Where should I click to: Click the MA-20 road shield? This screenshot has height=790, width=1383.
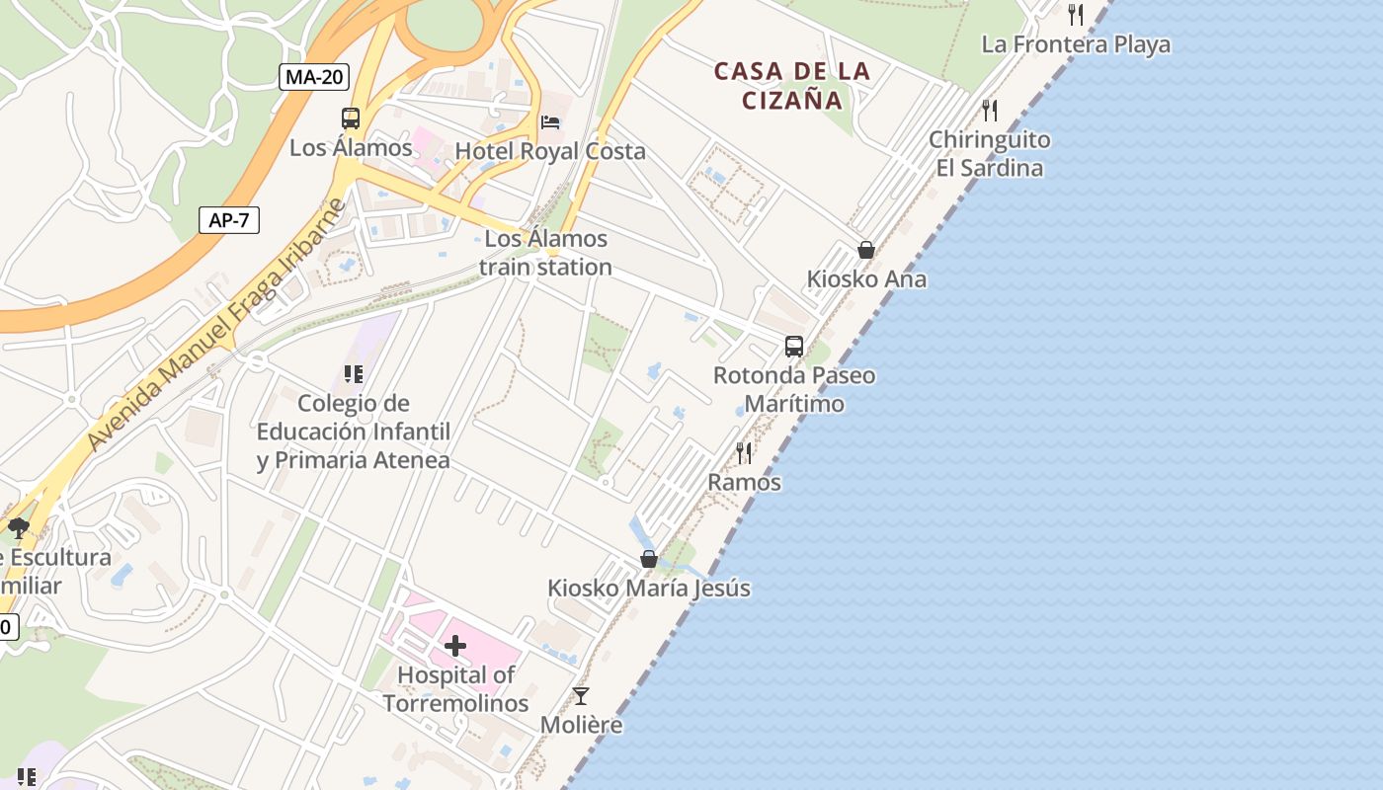click(x=314, y=77)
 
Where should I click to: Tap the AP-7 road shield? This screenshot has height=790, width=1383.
click(x=228, y=220)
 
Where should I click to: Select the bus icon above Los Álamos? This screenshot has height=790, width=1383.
click(x=351, y=118)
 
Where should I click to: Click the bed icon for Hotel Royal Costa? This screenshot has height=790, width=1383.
click(x=550, y=121)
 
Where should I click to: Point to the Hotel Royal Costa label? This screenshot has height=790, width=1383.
click(x=550, y=151)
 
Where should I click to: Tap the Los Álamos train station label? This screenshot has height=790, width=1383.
click(x=545, y=253)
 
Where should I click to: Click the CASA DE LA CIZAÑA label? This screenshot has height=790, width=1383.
click(x=792, y=85)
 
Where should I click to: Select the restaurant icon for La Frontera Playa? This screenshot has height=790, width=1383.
click(x=1076, y=15)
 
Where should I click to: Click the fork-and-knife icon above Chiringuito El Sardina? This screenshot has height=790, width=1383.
click(x=990, y=110)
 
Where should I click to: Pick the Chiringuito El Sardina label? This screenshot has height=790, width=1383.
click(x=990, y=154)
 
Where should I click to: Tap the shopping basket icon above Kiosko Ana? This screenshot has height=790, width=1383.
click(x=866, y=250)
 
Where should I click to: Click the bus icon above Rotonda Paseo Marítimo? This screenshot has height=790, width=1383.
click(x=794, y=346)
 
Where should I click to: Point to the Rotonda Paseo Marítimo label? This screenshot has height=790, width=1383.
click(x=794, y=389)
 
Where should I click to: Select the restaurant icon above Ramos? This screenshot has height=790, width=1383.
click(x=744, y=453)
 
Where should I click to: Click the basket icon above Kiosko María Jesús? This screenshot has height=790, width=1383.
click(x=649, y=559)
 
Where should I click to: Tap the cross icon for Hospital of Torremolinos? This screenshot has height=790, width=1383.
click(x=455, y=647)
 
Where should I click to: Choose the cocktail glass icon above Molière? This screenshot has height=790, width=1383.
click(x=581, y=696)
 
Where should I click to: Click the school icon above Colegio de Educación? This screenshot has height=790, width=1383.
click(x=354, y=374)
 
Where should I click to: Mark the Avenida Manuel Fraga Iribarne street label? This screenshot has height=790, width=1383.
click(x=216, y=326)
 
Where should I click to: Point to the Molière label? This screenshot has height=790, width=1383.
click(x=581, y=725)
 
